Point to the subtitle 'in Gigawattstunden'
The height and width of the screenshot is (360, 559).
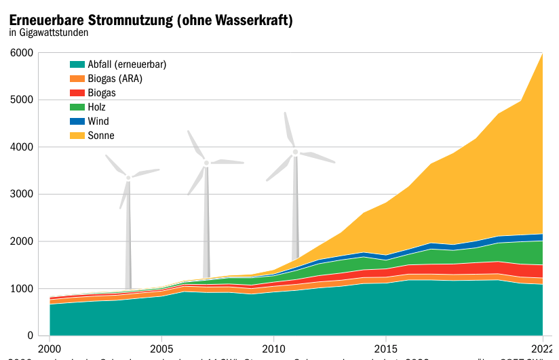coord(49,32)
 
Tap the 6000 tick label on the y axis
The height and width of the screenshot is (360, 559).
coord(22,53)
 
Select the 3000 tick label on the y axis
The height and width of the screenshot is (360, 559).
coord(22,195)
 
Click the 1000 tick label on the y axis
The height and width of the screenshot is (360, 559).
coord(22,289)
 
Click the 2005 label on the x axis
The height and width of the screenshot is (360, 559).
coord(161,349)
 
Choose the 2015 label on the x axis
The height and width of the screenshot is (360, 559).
coord(385,349)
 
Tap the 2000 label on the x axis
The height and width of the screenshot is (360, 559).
coord(50,349)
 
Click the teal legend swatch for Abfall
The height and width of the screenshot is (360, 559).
coord(77,64)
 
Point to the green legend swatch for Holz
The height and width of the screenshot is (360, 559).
coord(77,107)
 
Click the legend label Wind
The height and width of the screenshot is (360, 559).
coord(98,121)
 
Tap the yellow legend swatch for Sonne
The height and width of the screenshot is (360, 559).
coord(77,136)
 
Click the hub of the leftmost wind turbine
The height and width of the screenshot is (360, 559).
coord(128,178)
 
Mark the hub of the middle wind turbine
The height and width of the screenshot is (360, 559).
coord(206,162)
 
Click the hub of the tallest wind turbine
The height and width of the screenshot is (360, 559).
coord(295,152)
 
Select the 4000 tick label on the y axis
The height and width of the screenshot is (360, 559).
coord(22,147)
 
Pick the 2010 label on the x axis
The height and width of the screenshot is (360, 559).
coord(273,349)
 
